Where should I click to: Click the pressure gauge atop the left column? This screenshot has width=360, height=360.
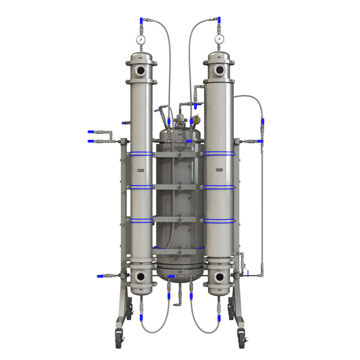click(x=140, y=39)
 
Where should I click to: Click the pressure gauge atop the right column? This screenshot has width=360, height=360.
click(x=220, y=39)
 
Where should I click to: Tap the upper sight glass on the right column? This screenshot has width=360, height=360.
click(x=220, y=70)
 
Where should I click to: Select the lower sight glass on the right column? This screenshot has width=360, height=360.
click(x=220, y=277)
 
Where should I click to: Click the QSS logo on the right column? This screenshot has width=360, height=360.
click(x=220, y=170)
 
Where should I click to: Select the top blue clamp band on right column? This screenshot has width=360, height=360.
click(x=220, y=154)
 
